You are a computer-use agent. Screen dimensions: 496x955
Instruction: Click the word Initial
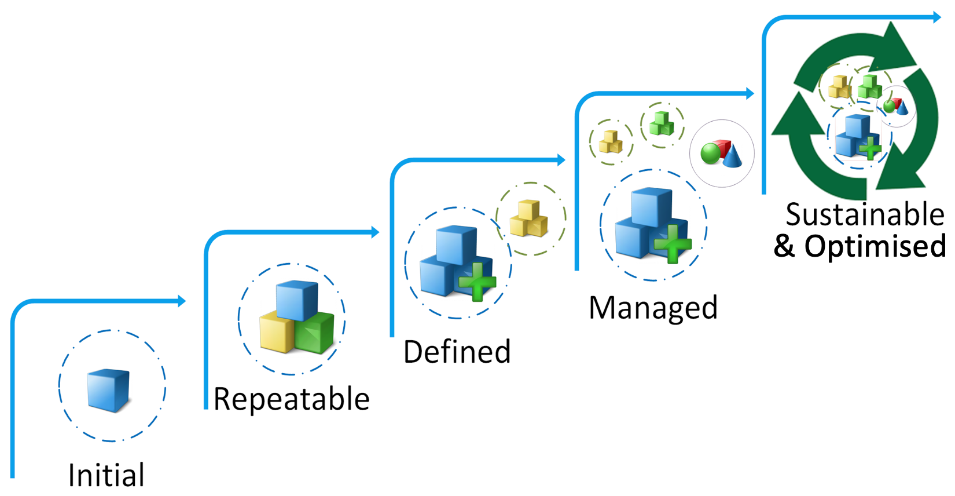(106, 475)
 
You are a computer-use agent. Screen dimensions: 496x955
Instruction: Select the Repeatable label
(292, 399)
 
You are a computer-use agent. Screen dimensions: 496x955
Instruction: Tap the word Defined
(457, 352)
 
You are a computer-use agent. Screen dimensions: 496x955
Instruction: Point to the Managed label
(653, 307)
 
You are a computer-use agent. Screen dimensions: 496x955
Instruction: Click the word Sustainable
(865, 214)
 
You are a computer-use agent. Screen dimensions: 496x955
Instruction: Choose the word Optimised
(875, 246)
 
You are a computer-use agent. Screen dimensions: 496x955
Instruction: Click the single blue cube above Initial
(108, 390)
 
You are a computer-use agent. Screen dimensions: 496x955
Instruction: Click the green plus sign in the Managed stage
(672, 243)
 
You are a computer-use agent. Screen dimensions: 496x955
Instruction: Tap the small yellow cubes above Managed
(610, 141)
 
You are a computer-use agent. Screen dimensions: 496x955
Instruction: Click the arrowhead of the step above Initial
(182, 301)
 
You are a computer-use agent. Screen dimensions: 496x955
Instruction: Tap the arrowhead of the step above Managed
(750, 93)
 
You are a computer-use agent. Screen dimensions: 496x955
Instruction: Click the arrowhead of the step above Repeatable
(376, 232)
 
